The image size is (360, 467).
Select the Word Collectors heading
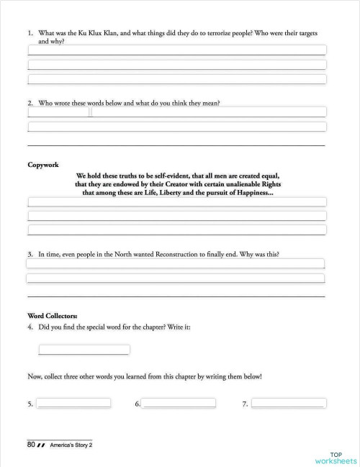pos(53,315)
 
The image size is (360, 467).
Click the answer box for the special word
pos(84,350)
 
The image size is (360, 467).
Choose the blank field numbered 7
pos(287,403)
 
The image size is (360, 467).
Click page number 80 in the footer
pos(31,445)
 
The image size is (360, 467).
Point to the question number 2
pos(30,103)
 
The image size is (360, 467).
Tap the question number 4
pos(30,327)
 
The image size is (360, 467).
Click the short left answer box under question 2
pos(58,112)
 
